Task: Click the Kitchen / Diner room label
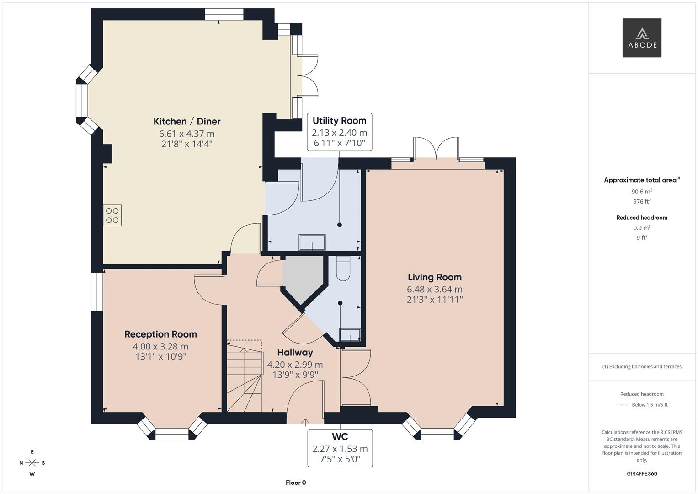[186, 121]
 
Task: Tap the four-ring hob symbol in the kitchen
[112, 215]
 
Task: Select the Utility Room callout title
[339, 121]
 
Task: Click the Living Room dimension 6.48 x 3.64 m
[434, 289]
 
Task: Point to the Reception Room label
[160, 334]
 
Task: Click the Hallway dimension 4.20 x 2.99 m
[295, 365]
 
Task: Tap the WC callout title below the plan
[340, 437]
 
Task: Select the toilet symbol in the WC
[342, 268]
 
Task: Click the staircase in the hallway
[245, 377]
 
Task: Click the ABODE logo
[642, 38]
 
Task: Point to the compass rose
[32, 462]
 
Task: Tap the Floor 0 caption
[296, 483]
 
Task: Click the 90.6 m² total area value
[642, 192]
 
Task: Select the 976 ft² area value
[642, 202]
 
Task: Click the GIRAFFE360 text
[642, 473]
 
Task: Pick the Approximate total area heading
[641, 180]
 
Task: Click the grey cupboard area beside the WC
[303, 277]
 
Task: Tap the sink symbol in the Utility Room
[312, 242]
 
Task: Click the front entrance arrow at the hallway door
[305, 422]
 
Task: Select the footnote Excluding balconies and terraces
[642, 366]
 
